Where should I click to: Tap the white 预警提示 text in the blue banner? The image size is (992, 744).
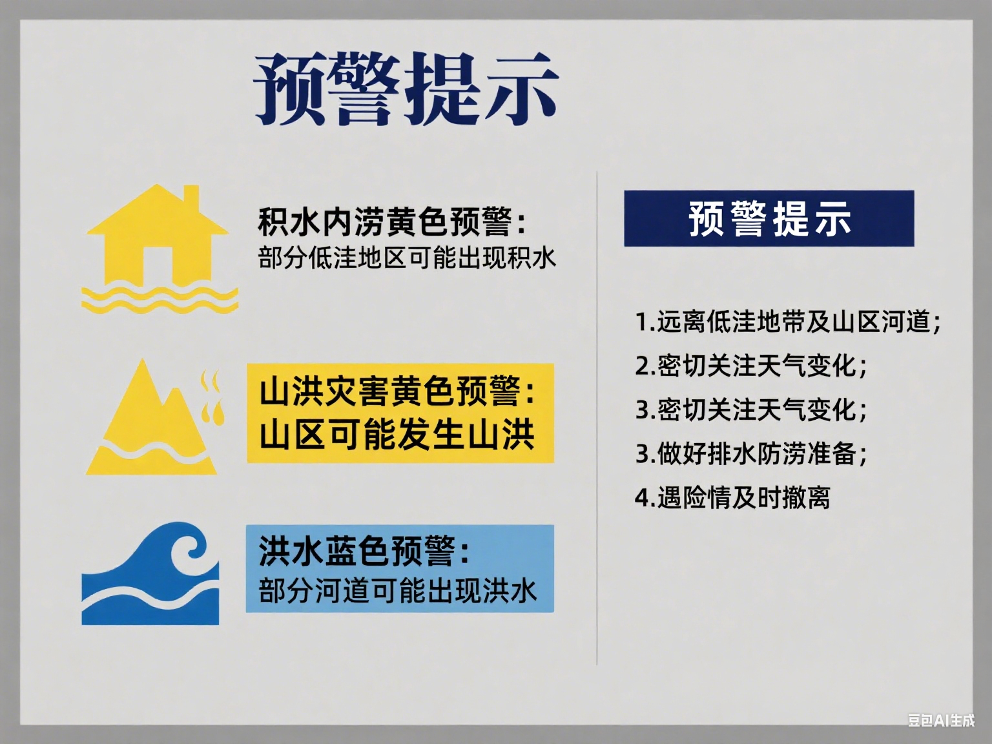coord(769,219)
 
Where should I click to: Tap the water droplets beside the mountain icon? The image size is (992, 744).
coord(211,398)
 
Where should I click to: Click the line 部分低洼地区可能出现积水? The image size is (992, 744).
coord(407,259)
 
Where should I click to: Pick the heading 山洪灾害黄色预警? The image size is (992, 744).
coord(397,391)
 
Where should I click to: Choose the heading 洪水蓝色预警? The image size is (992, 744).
coord(364,551)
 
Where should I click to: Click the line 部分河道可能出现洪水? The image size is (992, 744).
coord(398,590)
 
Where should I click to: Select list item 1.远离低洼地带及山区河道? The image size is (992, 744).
coord(788,322)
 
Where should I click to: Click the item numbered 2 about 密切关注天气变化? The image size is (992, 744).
coord(751,366)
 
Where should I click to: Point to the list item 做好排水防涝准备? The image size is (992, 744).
coord(751,453)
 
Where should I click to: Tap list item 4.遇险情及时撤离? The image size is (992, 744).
coord(732,497)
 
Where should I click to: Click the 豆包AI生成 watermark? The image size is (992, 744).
coord(942,720)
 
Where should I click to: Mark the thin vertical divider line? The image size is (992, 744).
coord(597,418)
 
